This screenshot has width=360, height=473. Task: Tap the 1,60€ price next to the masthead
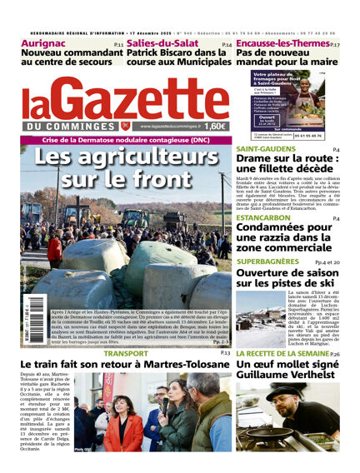pyautogui.click(x=214, y=126)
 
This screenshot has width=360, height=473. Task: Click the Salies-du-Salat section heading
pyautogui.click(x=162, y=43)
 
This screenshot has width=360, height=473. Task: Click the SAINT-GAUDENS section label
pyautogui.click(x=265, y=148)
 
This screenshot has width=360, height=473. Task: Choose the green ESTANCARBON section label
pyautogui.click(x=263, y=217)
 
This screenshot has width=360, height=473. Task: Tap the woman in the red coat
pyautogui.click(x=122, y=429)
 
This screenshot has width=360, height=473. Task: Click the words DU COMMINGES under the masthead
pyautogui.click(x=69, y=126)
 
